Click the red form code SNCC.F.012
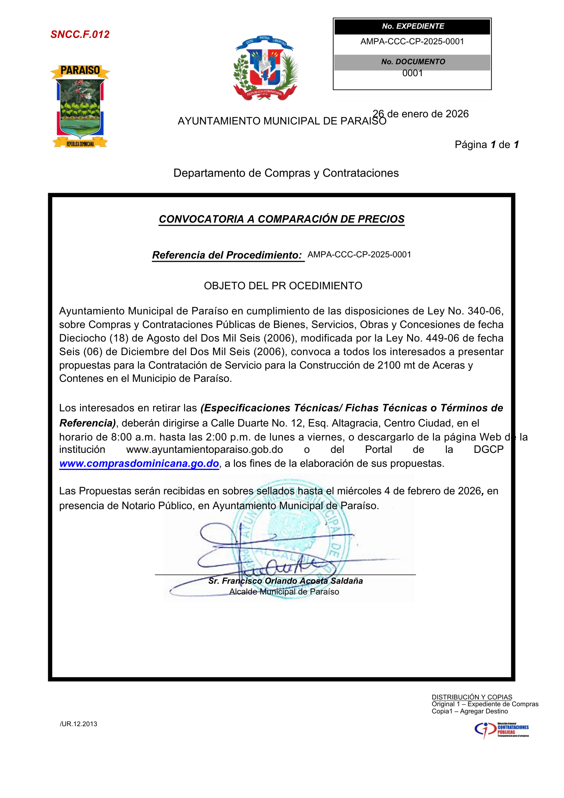[80, 34]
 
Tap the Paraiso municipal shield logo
[80, 106]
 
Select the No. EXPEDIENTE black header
[412, 26]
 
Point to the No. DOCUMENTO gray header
[412, 62]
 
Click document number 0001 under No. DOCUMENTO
[412, 73]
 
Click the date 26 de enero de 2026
[421, 114]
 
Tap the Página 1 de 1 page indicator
[486, 144]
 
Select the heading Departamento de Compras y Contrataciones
[286, 173]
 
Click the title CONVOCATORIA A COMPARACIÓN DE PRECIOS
[282, 219]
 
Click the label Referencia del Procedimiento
[227, 255]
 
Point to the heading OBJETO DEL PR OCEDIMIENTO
[283, 286]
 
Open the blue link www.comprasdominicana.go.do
[139, 464]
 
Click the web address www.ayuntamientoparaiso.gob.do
[204, 450]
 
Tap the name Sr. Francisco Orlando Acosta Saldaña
[286, 581]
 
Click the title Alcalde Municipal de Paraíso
[284, 592]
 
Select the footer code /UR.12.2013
[79, 724]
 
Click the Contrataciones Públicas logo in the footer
[501, 730]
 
